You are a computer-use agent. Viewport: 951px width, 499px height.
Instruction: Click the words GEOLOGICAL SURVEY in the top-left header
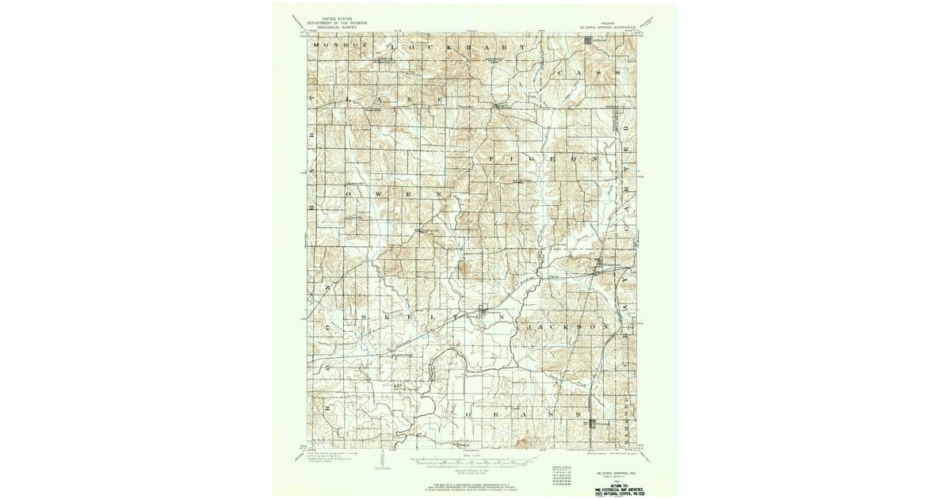pos(334,25)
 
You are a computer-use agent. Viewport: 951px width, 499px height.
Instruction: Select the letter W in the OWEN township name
pos(377,193)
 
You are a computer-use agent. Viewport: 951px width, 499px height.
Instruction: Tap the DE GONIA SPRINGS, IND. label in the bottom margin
pos(610,469)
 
